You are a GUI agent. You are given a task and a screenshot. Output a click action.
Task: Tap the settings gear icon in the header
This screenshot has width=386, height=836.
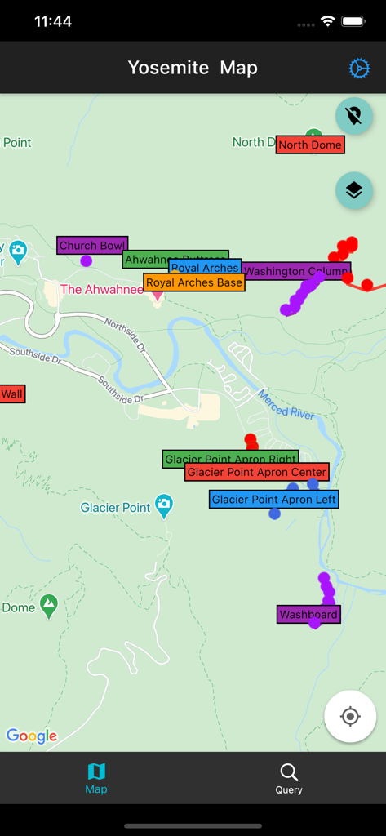point(359,69)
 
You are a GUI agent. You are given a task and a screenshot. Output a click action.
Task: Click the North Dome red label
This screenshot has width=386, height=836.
point(310,145)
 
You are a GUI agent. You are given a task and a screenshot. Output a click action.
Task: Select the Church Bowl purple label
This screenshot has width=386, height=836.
point(91,245)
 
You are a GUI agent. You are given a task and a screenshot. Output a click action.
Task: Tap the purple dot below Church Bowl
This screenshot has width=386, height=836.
point(87,261)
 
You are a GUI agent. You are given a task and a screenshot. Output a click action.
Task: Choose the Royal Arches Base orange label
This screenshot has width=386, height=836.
point(194,282)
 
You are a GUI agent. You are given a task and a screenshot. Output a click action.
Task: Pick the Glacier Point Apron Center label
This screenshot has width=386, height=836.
point(257,472)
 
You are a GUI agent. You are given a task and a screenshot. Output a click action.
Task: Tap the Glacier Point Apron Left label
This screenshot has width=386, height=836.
point(273,499)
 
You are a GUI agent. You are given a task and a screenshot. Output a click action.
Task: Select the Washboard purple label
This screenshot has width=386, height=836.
point(308,615)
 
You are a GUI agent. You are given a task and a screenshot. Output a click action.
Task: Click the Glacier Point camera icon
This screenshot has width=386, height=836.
point(164,505)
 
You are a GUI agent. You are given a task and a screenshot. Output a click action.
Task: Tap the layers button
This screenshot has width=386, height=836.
point(353,190)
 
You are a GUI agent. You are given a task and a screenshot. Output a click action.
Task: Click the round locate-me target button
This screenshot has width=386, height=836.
point(350,716)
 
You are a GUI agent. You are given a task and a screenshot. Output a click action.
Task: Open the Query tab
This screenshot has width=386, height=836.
point(289,778)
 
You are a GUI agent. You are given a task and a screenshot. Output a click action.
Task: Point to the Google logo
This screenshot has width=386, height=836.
point(32,736)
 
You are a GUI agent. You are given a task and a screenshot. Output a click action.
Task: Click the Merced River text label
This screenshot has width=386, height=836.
point(286,402)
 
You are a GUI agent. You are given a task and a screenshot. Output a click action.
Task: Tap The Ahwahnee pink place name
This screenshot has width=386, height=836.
point(101,289)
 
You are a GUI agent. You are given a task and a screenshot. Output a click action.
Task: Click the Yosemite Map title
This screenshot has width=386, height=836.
point(193,68)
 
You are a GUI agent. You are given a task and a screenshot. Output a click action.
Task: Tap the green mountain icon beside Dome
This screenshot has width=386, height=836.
point(49,606)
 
